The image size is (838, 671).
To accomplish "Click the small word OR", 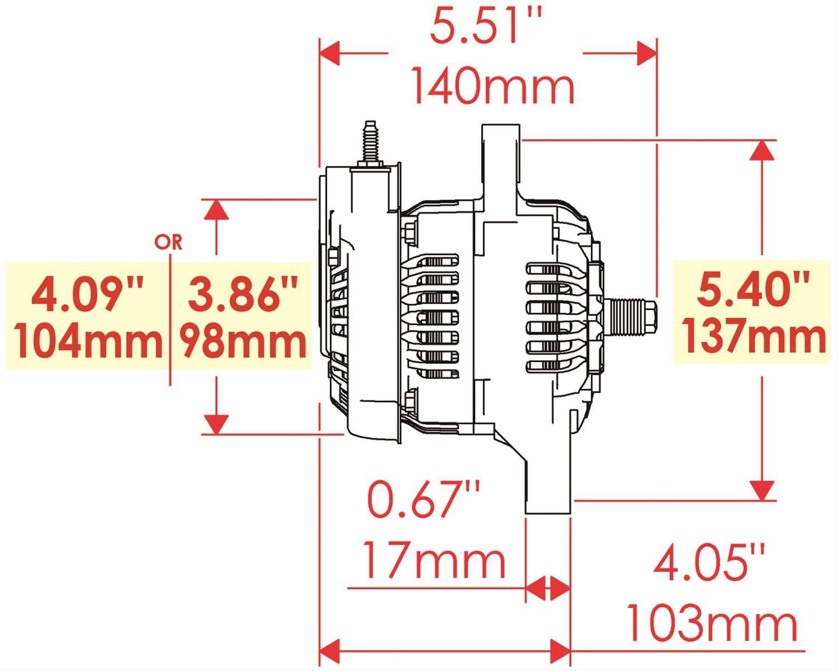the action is coord(168,242).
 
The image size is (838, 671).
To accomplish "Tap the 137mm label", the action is coord(754,336).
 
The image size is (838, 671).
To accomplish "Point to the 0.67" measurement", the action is coord(425,500).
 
